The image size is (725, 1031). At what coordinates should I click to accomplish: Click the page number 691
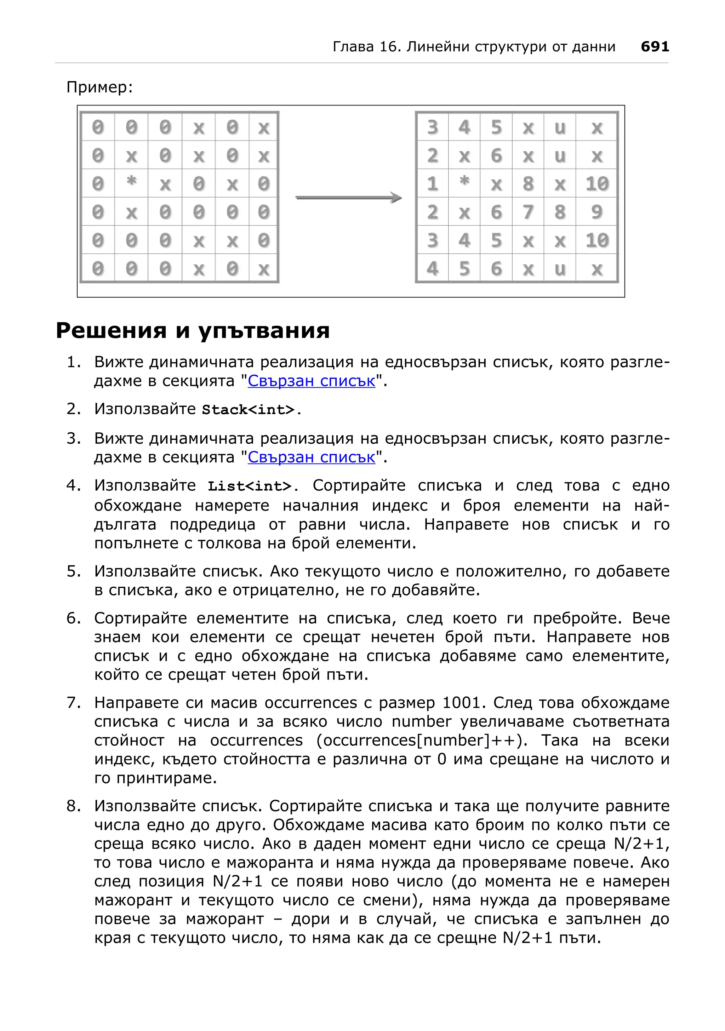click(655, 47)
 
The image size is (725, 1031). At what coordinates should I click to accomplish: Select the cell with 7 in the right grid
click(528, 212)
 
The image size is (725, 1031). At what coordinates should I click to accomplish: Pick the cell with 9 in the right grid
click(596, 212)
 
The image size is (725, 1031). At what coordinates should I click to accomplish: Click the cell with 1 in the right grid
click(432, 184)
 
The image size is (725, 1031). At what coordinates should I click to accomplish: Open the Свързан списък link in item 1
click(311, 381)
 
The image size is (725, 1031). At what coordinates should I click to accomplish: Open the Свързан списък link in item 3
click(311, 457)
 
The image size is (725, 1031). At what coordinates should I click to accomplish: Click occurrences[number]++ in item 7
click(419, 741)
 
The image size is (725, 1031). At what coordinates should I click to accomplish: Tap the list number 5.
click(73, 572)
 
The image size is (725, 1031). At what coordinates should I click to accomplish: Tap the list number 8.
click(73, 806)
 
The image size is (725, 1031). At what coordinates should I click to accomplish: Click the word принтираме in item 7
click(167, 778)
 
